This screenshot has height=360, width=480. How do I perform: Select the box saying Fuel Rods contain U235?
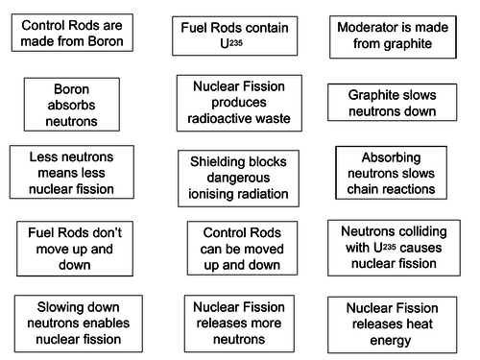[x=230, y=36]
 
